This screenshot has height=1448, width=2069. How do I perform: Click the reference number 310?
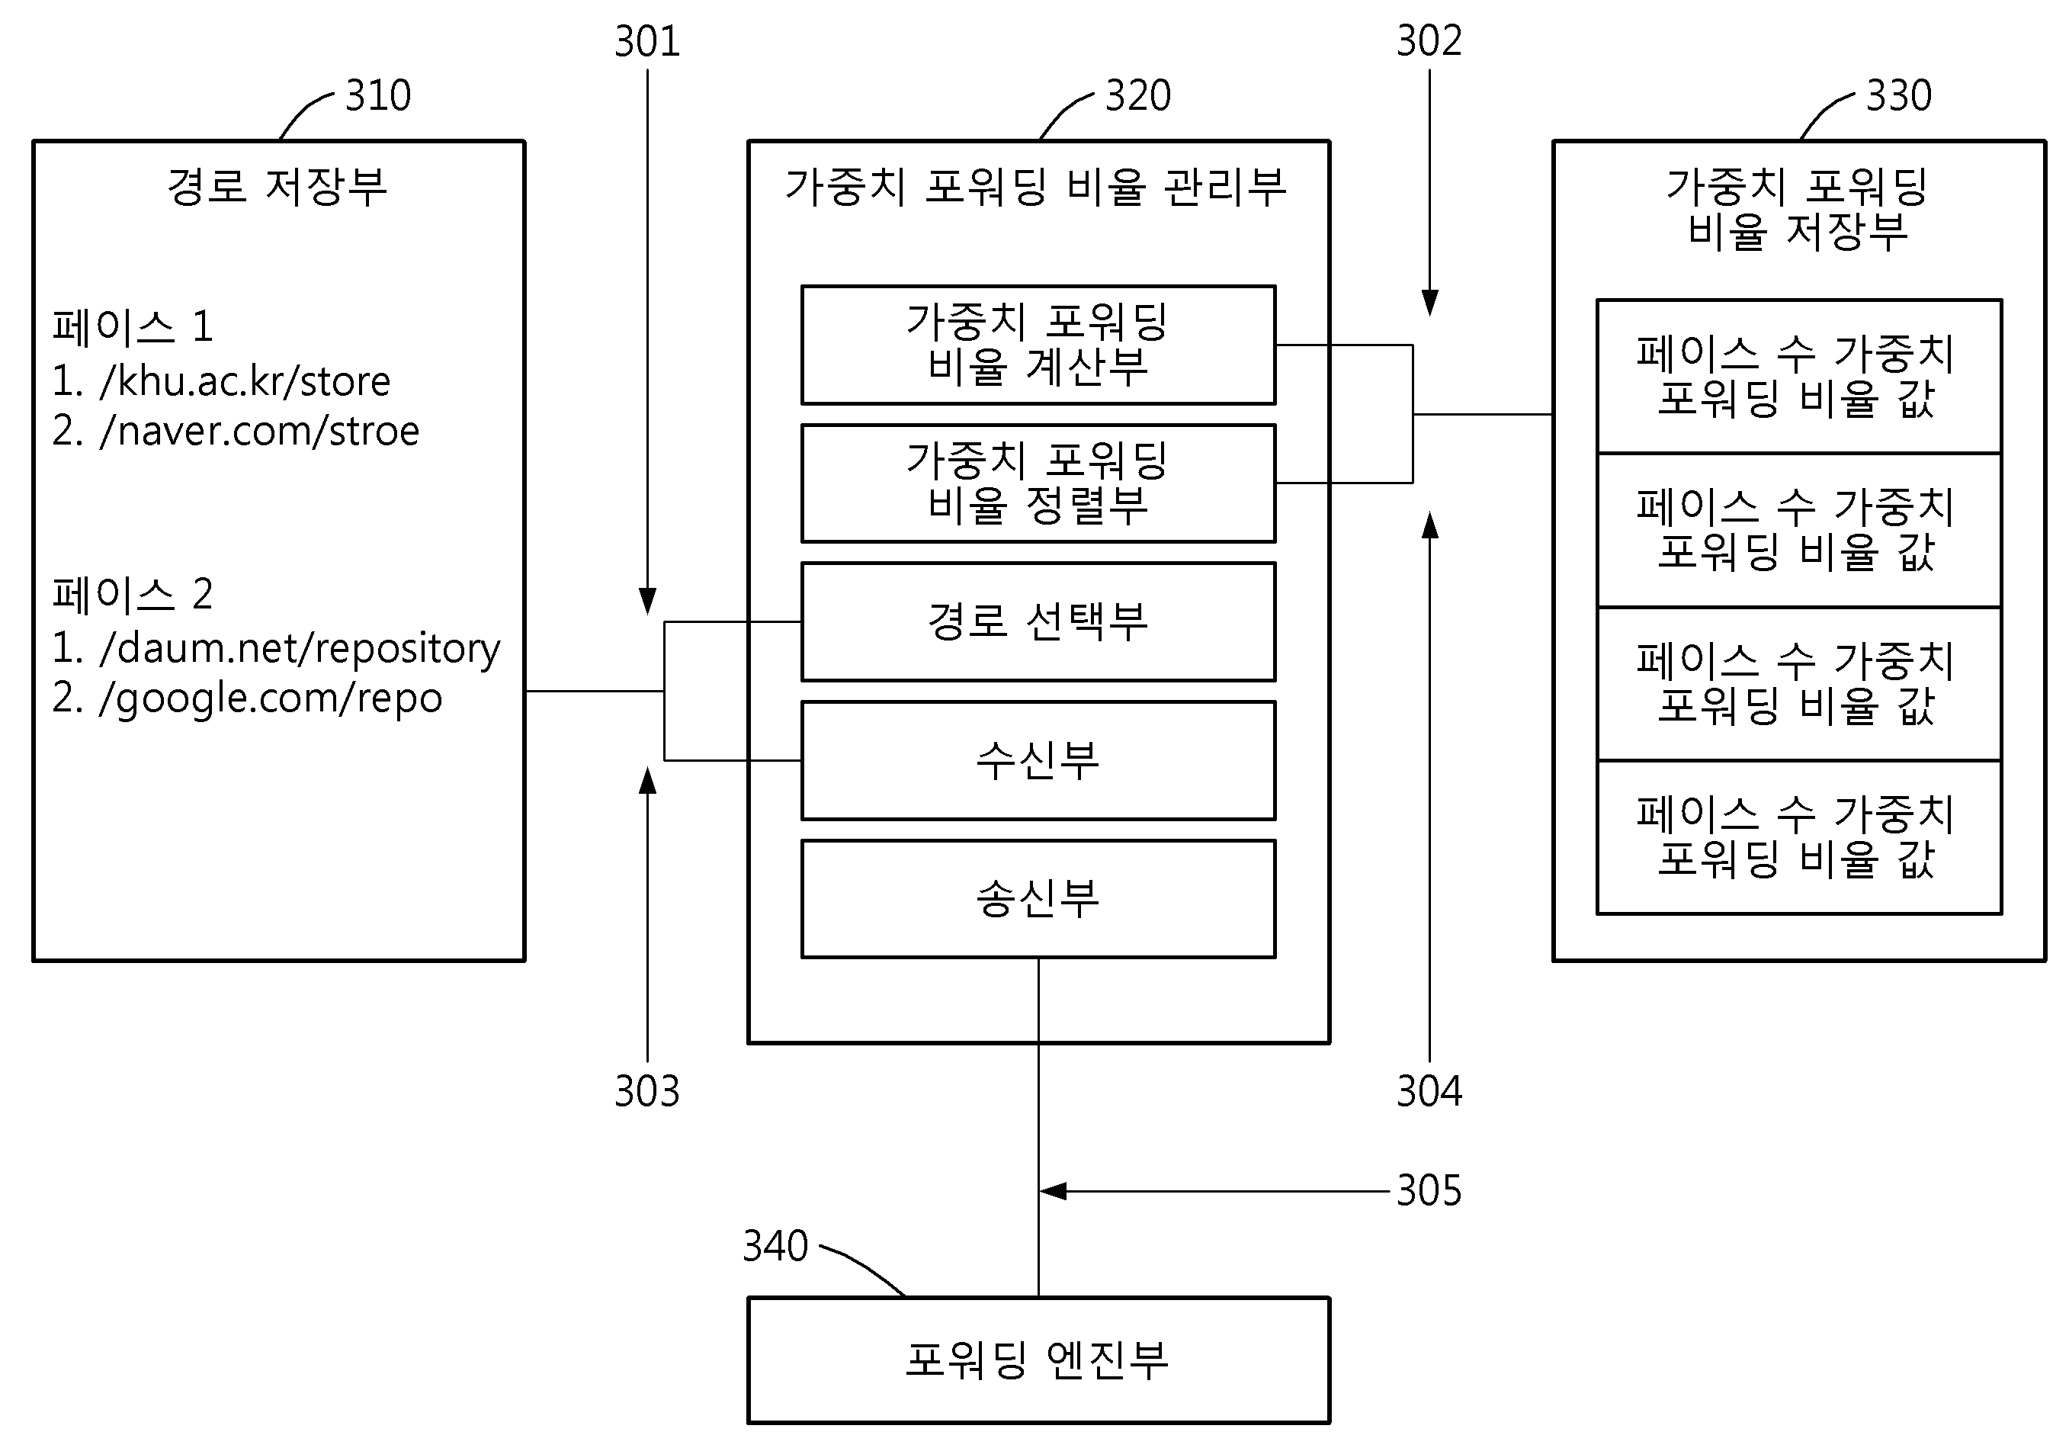(377, 95)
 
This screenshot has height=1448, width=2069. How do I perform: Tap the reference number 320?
(1138, 95)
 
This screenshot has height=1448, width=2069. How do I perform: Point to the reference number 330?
(1899, 95)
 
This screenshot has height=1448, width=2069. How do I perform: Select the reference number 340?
(775, 1246)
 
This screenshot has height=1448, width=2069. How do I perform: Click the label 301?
(647, 41)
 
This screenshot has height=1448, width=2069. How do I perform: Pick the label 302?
(1429, 41)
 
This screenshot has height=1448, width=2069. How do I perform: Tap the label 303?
(647, 1091)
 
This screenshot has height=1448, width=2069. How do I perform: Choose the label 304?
(1429, 1091)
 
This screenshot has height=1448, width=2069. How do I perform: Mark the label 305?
(1429, 1190)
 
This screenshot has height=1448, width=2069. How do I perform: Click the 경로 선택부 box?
(1038, 621)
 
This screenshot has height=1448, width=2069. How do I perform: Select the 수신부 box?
(1038, 760)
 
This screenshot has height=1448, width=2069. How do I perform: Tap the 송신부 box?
(1038, 898)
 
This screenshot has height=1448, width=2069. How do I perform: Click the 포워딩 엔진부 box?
(1038, 1360)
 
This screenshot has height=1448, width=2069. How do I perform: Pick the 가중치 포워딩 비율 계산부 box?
(1038, 345)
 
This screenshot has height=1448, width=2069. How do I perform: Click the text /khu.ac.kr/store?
(245, 381)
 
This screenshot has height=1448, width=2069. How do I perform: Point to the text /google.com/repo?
(271, 698)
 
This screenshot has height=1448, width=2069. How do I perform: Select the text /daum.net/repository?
(299, 649)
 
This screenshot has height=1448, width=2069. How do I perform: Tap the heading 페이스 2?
(133, 595)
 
